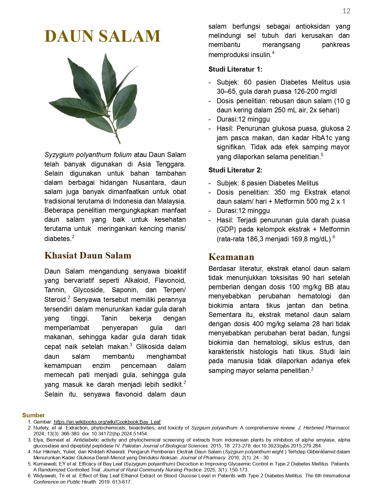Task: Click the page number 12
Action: click(346, 11)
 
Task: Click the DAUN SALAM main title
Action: click(102, 36)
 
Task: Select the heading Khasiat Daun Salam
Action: click(88, 255)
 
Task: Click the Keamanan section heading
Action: click(231, 257)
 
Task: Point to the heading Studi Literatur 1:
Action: click(235, 69)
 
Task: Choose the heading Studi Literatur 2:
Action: click(235, 170)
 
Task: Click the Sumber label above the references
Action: click(33, 415)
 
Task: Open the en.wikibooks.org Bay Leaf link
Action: click(107, 422)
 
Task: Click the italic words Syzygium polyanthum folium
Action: click(88, 155)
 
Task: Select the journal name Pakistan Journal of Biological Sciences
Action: click(165, 446)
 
